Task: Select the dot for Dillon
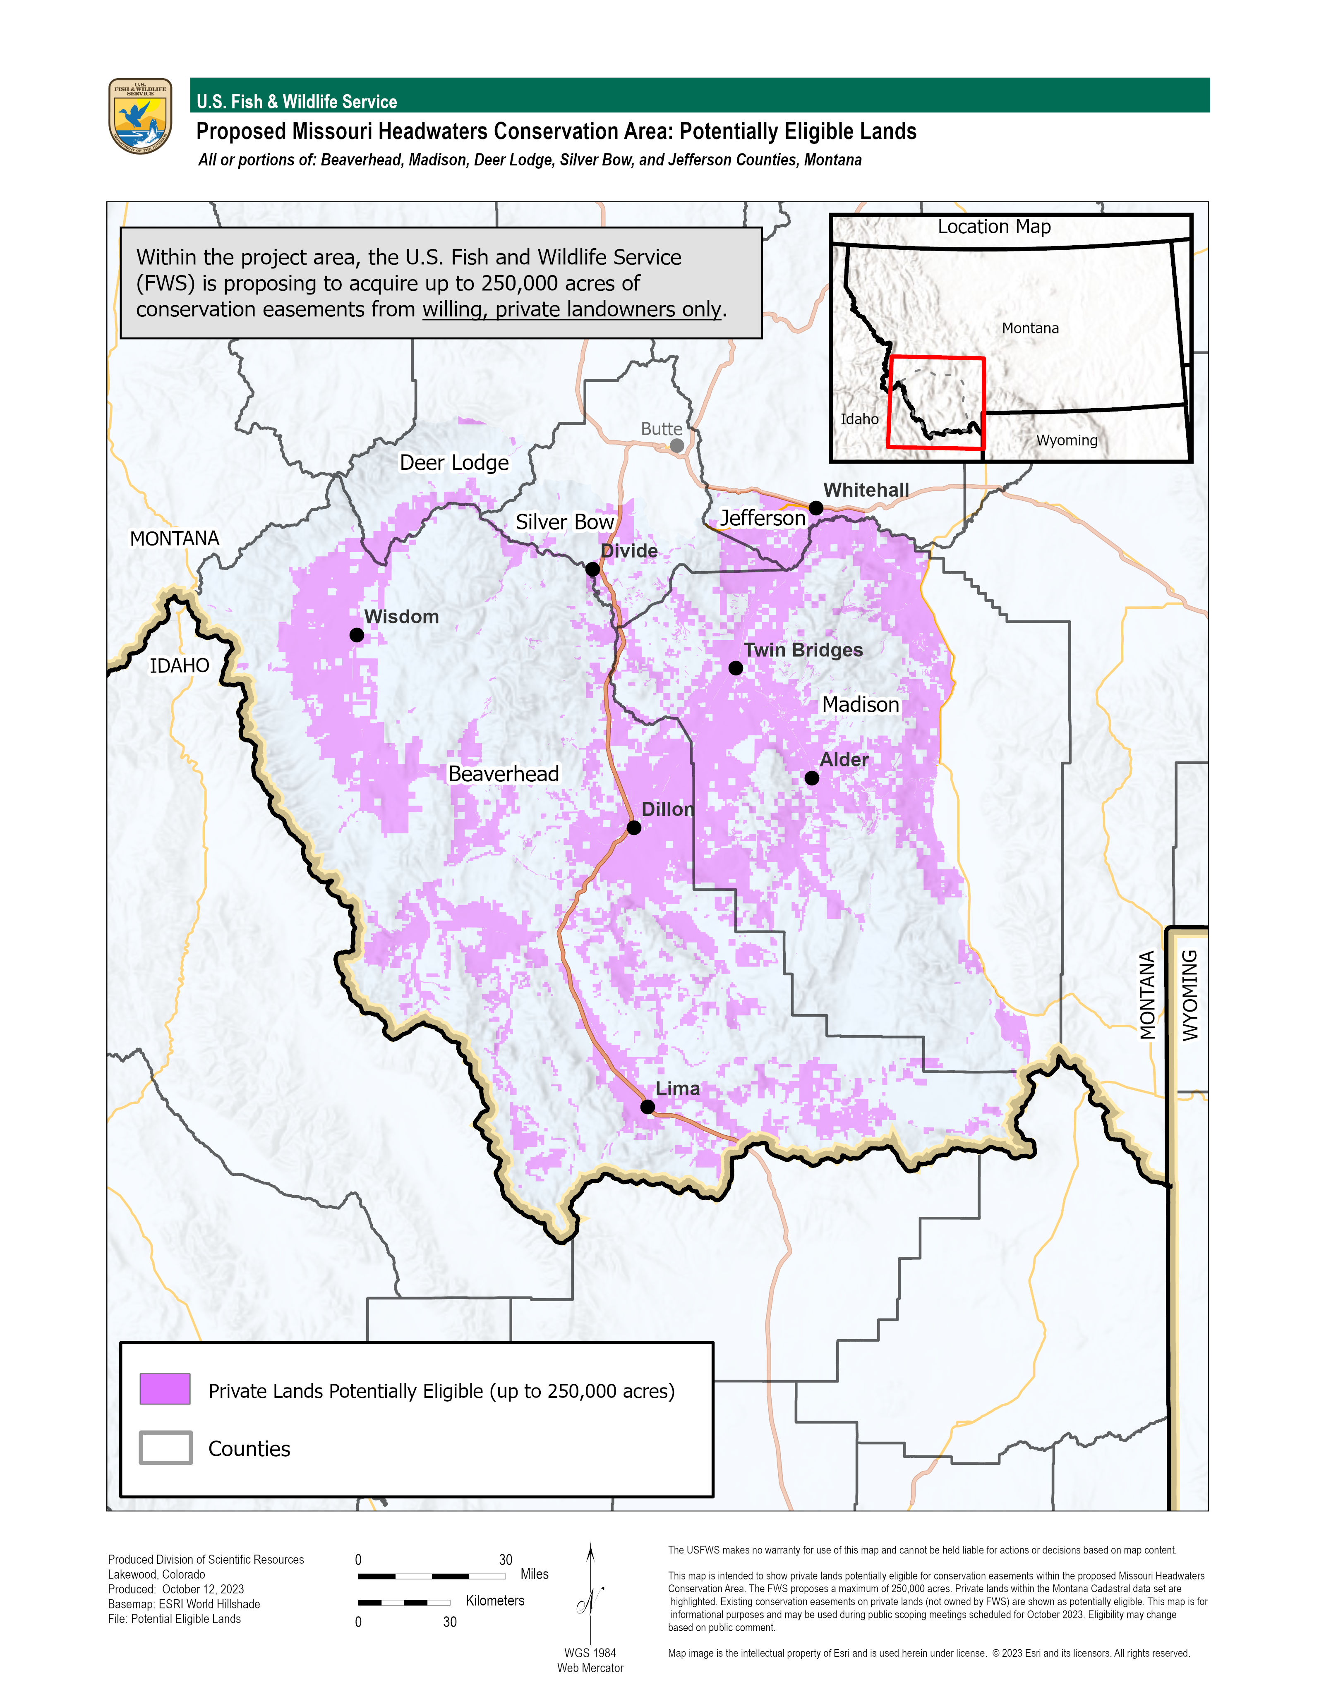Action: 634,827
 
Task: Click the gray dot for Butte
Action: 677,445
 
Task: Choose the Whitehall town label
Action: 866,490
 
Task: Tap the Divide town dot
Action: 592,569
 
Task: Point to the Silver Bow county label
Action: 564,522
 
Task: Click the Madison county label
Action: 860,705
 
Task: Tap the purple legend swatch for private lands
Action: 165,1389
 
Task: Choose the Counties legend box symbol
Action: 165,1448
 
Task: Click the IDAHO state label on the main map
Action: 180,665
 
